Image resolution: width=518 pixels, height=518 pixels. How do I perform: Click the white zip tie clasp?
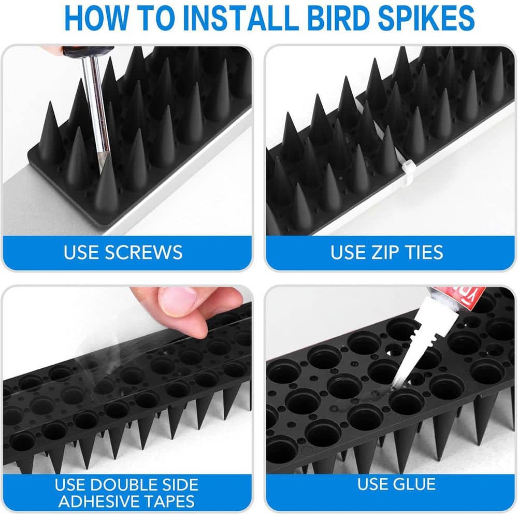(407, 170)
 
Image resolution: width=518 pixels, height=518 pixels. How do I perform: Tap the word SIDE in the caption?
(179, 485)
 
